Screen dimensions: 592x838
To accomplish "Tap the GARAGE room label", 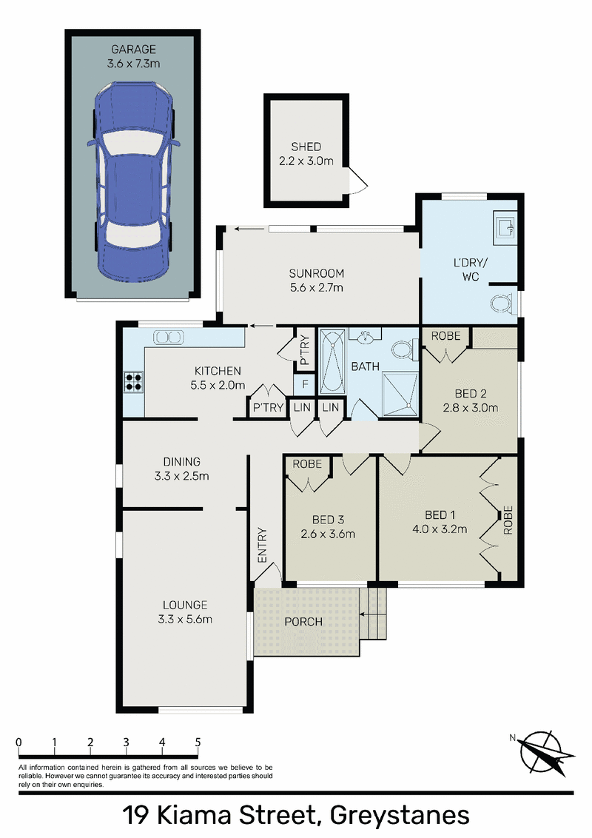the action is (134, 49).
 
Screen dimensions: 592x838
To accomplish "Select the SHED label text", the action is (306, 147).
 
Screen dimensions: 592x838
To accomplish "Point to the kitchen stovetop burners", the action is (134, 381).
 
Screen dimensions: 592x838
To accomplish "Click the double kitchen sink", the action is (169, 338).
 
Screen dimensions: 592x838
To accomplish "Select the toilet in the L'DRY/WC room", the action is (503, 304).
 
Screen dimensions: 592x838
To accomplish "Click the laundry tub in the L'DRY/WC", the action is (505, 225).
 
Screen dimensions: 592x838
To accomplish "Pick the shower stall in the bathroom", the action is (400, 395).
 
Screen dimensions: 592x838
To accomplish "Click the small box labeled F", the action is (305, 384).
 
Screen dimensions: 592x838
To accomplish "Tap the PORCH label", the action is (303, 622).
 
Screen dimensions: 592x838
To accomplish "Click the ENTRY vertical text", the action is (262, 545).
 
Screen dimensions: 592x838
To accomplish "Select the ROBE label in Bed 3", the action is (307, 464).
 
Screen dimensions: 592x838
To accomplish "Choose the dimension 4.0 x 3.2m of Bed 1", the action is (440, 529).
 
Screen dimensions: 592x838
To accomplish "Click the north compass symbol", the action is (543, 752).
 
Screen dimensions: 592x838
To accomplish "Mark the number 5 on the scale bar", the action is (198, 742).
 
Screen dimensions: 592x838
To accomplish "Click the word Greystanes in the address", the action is (400, 816).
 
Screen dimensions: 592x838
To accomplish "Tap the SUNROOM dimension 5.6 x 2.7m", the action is (316, 287).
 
